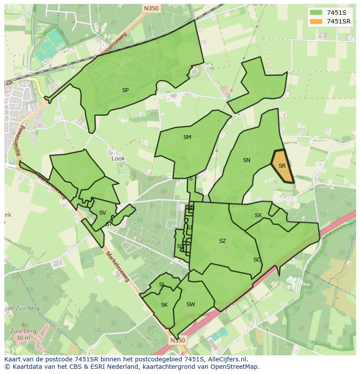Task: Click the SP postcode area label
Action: point(125,90)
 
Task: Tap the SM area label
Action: point(187,137)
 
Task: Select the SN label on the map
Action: point(247,160)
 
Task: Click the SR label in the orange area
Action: point(282,166)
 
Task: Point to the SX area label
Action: point(258,215)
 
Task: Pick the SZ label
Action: point(223,241)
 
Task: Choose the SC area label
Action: point(257,260)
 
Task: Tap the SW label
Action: point(190,304)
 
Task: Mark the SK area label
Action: point(164,305)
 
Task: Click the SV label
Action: point(103,213)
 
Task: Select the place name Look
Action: point(118,159)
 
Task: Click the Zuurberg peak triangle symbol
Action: point(22,324)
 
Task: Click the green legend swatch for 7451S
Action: point(316,13)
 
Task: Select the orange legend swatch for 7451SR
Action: point(316,21)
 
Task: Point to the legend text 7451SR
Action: point(339,21)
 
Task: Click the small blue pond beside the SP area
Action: point(194,70)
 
